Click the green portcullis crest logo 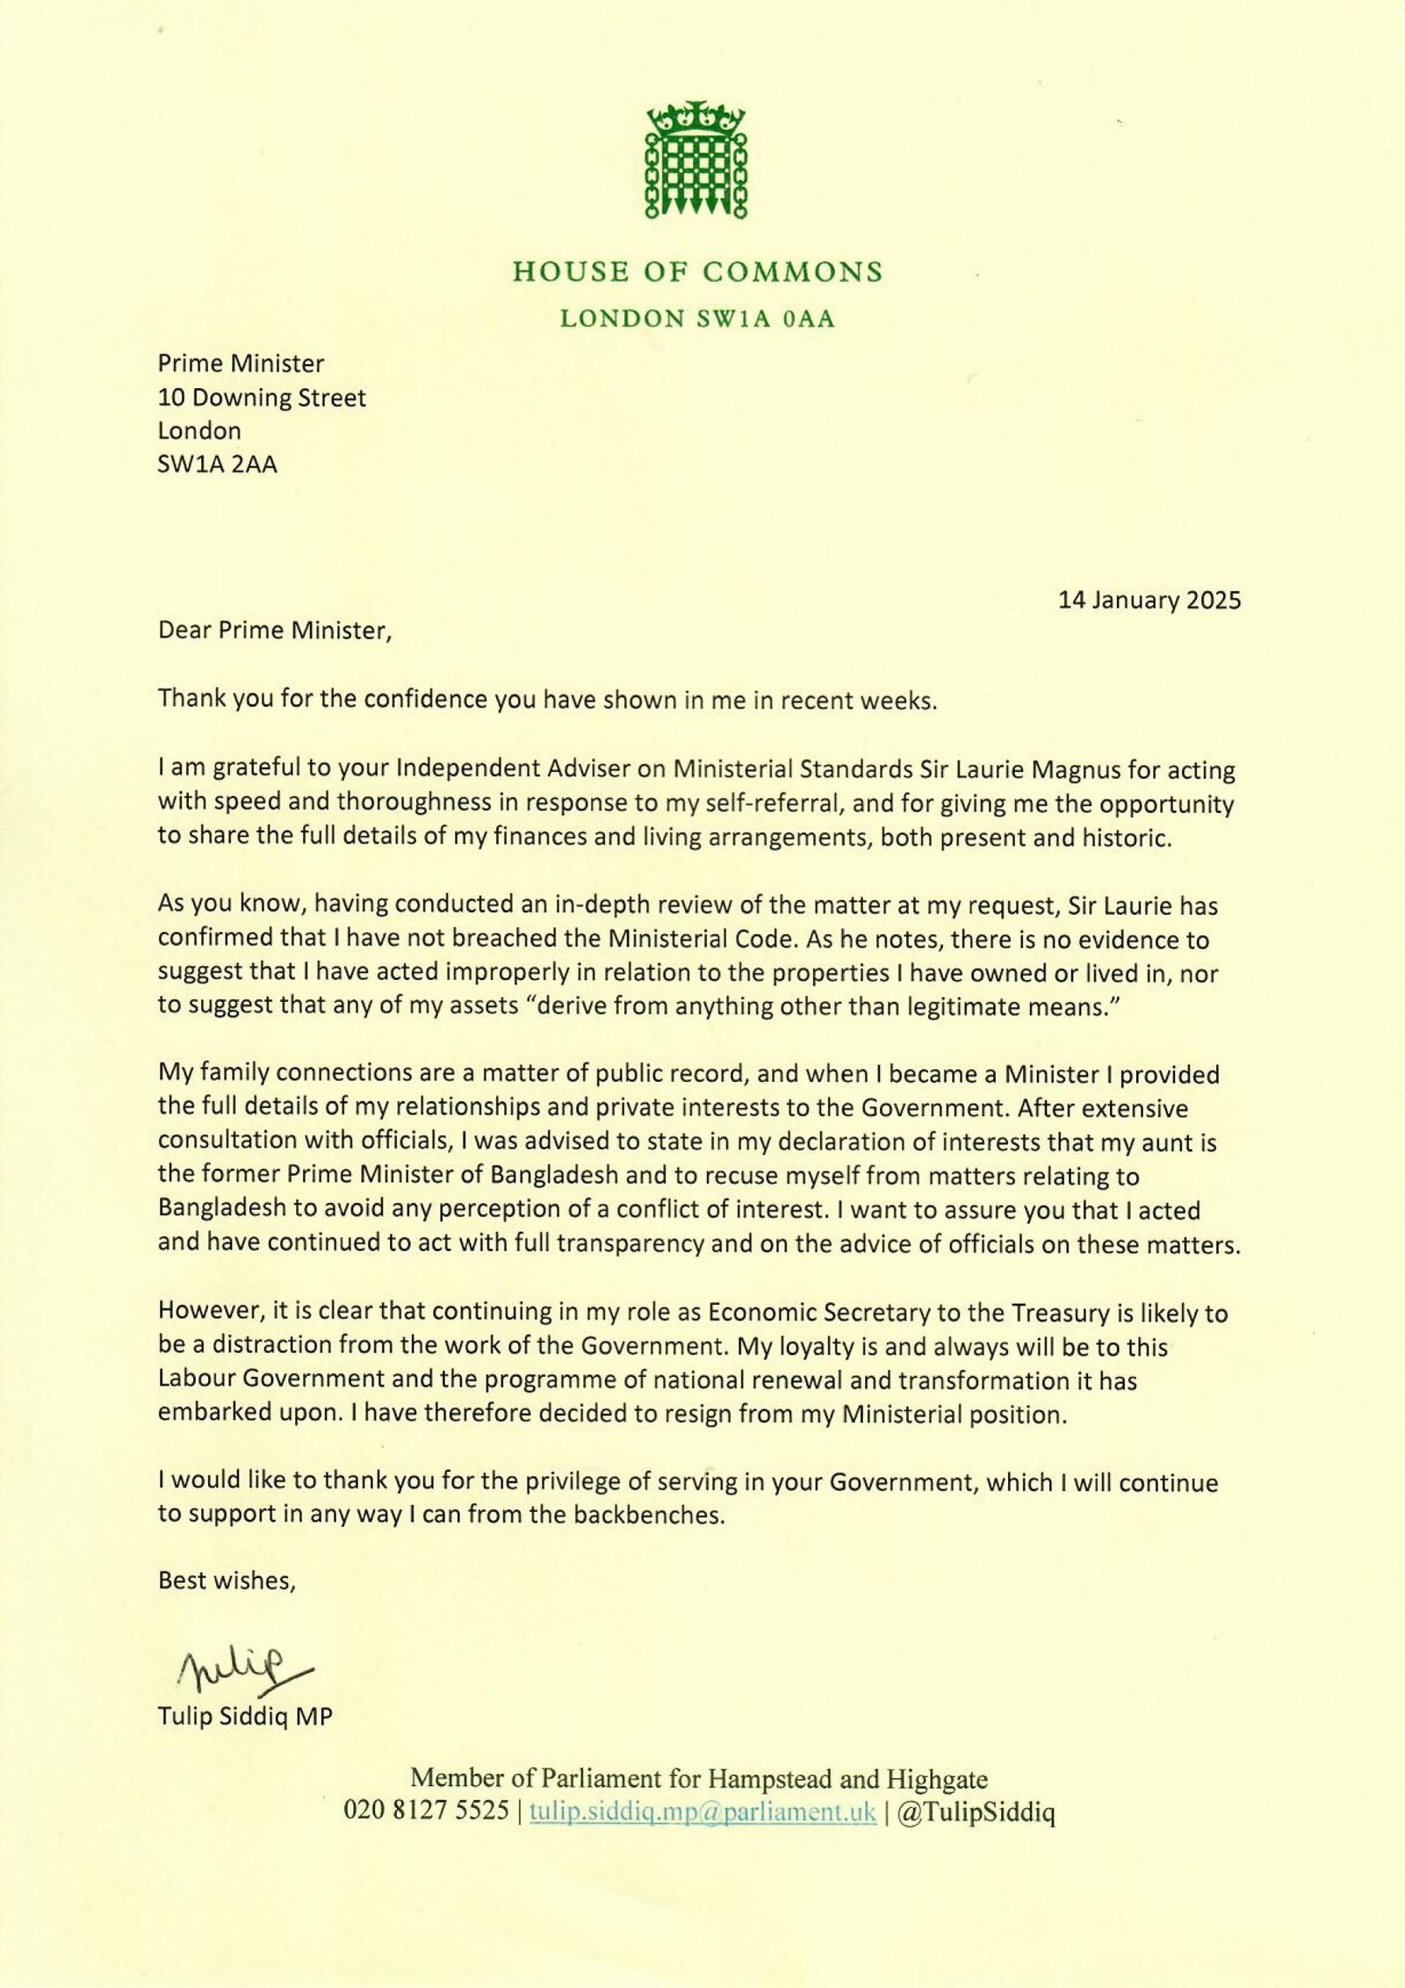click(x=695, y=160)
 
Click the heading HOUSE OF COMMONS click(x=697, y=272)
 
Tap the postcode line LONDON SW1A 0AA click(x=697, y=319)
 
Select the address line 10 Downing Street click(x=262, y=398)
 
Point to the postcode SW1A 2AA click(x=217, y=464)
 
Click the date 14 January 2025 click(x=1149, y=600)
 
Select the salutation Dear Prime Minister click(x=272, y=630)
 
